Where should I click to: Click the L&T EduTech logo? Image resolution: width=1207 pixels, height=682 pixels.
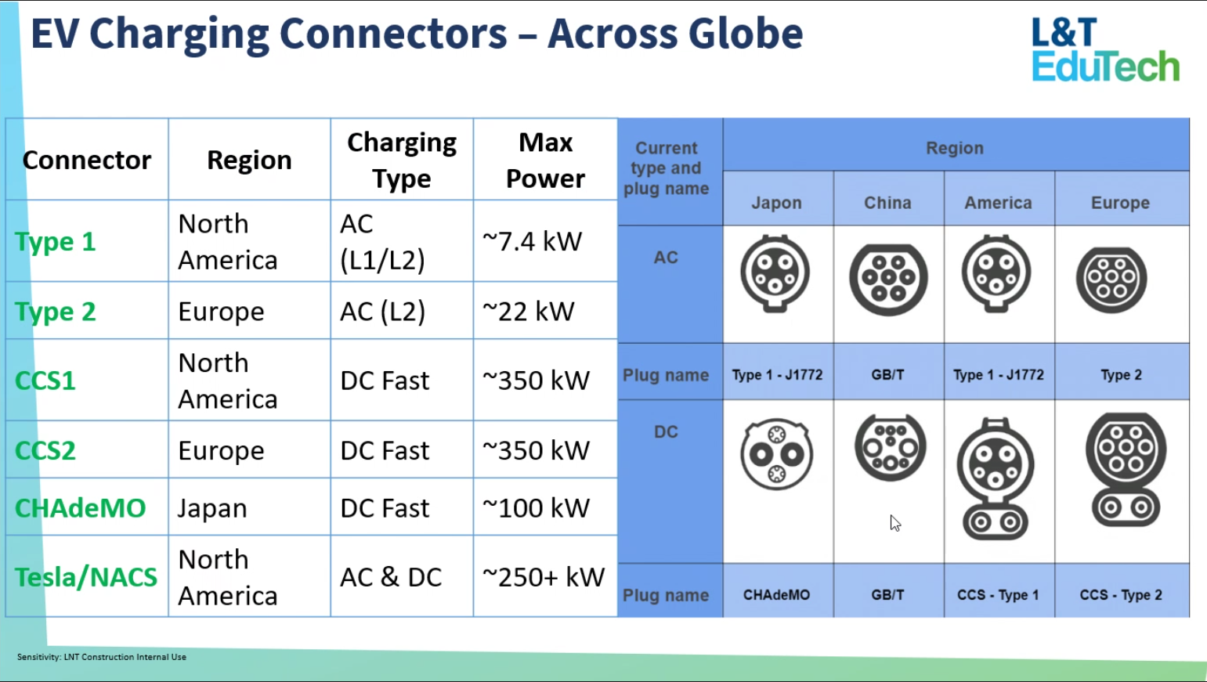coord(1105,49)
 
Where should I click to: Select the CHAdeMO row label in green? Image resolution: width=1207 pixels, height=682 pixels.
coord(81,508)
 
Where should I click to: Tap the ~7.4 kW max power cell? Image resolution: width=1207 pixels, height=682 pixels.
coord(533,241)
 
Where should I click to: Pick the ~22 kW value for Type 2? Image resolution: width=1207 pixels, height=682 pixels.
coord(529,312)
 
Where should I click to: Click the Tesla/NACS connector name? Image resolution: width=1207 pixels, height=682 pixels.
coord(86,577)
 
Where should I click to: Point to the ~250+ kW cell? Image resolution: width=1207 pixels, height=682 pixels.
coord(544,577)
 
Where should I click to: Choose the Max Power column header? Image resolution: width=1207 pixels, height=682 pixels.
coord(545,160)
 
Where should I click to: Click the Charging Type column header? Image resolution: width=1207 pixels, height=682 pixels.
coord(402,160)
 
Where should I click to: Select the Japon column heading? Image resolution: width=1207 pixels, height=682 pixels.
coord(776,203)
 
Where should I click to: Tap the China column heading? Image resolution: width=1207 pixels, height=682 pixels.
coord(887,203)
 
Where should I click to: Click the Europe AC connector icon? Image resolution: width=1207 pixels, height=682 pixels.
coord(1111,279)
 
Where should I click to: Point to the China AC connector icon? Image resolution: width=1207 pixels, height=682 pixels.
coord(888,279)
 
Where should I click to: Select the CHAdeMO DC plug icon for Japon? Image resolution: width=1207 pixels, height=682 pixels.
coord(776,454)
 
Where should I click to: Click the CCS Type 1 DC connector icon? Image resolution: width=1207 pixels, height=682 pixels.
coord(996,478)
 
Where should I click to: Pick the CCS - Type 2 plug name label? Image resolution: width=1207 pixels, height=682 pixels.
coord(1121,595)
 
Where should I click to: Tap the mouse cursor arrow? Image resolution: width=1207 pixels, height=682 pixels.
coord(895,523)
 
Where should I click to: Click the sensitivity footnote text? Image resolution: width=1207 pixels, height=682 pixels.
coord(102,657)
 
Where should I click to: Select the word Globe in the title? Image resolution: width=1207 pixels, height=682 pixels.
coord(745,34)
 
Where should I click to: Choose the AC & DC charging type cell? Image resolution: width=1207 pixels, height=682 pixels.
coord(391,577)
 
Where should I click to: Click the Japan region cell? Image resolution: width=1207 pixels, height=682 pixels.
coord(212,508)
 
